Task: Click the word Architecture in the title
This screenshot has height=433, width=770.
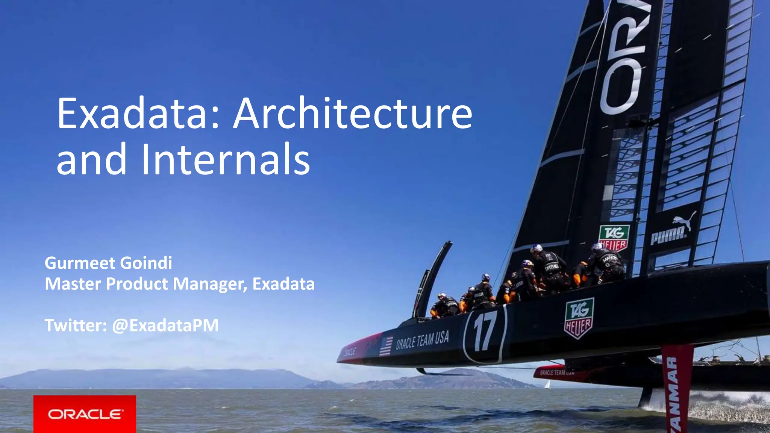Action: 353,114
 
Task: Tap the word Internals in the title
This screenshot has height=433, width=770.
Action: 226,159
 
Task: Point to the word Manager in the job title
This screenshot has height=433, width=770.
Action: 210,285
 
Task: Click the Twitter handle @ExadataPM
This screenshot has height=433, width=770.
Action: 165,326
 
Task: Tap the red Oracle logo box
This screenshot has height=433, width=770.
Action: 85,414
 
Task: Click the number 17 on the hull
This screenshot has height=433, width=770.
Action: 485,331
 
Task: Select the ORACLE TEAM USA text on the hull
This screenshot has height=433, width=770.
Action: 422,341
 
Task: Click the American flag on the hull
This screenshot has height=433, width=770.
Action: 386,346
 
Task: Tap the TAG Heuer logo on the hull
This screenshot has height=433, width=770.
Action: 579,318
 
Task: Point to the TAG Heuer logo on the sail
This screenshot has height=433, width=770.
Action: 614,238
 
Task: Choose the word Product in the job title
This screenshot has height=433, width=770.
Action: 137,284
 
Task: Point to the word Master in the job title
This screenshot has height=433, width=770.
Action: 73,284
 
